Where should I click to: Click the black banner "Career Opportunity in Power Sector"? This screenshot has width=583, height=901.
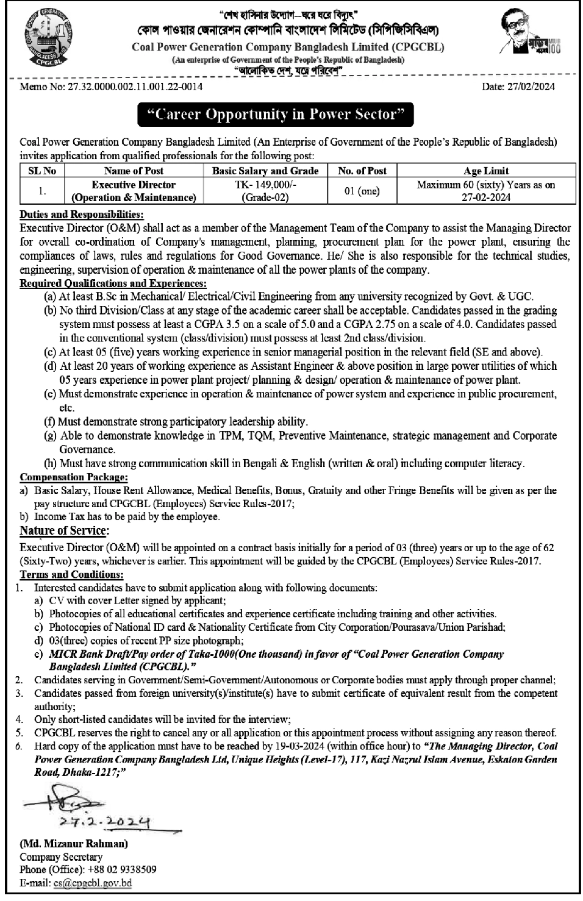click(x=276, y=115)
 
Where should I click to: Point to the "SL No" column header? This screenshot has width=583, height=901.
click(x=41, y=171)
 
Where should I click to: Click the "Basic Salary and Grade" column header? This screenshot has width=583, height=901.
click(x=265, y=171)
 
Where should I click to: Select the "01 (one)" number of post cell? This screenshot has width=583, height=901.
click(x=362, y=191)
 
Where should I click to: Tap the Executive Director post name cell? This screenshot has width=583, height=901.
click(x=134, y=191)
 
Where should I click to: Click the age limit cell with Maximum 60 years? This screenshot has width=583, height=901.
click(x=486, y=190)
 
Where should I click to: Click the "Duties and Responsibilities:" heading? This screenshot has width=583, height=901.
click(x=82, y=215)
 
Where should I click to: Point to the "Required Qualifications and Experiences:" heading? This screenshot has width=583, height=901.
click(x=113, y=283)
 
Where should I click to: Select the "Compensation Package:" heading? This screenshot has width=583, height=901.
click(x=74, y=477)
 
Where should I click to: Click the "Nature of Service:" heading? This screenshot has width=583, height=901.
click(x=64, y=530)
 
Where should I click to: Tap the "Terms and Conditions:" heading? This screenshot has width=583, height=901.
click(x=71, y=574)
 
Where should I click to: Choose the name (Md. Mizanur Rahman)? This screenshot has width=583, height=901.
click(x=74, y=844)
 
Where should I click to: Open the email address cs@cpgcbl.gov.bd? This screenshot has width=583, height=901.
click(x=92, y=882)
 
